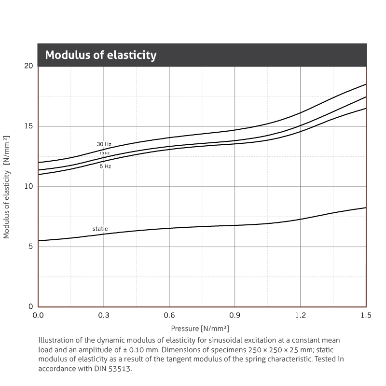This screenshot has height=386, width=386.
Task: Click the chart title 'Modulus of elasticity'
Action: [101, 55]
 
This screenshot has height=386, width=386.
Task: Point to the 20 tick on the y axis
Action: [28, 66]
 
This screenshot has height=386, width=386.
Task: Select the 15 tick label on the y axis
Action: [28, 126]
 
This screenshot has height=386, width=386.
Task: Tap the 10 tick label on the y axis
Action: [28, 187]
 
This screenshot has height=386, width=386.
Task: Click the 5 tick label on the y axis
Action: [30, 247]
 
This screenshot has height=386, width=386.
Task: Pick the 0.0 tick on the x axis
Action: [38, 316]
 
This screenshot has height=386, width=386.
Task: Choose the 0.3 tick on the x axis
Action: [104, 316]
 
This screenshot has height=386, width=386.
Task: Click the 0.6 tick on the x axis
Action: [169, 316]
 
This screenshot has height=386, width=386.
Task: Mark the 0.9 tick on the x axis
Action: [235, 316]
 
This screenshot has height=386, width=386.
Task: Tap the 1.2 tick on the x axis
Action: [301, 316]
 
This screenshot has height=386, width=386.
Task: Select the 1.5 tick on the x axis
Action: [366, 316]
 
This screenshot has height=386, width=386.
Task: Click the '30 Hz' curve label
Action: [104, 144]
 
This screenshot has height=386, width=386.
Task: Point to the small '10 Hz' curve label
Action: [105, 153]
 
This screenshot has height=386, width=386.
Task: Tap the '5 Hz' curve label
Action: [105, 166]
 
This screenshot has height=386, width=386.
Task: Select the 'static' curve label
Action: [100, 229]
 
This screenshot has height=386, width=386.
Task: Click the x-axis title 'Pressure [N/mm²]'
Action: [200, 329]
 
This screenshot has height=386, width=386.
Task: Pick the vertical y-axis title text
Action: [7, 187]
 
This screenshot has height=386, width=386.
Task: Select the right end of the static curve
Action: [366, 208]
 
